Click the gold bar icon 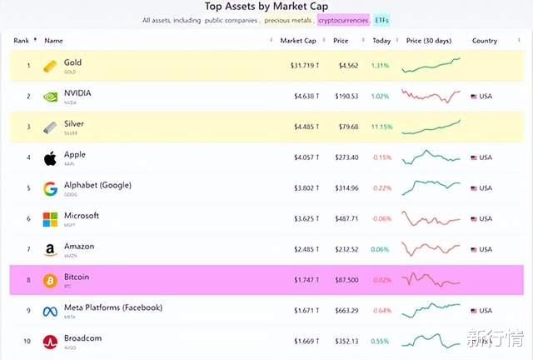tap(51, 65)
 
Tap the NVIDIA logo tap(51, 96)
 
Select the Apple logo tap(51, 157)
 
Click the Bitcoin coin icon tap(51, 279)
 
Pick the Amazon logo tap(51, 249)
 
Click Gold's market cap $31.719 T tap(298, 65)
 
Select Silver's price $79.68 tap(346, 127)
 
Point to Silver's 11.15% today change tap(381, 127)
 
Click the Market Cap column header tap(297, 40)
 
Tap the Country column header tap(485, 40)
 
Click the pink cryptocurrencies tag tap(343, 19)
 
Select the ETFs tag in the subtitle tap(381, 19)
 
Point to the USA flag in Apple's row tap(474, 157)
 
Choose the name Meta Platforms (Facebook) tap(113, 307)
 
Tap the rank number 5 tap(27, 188)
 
